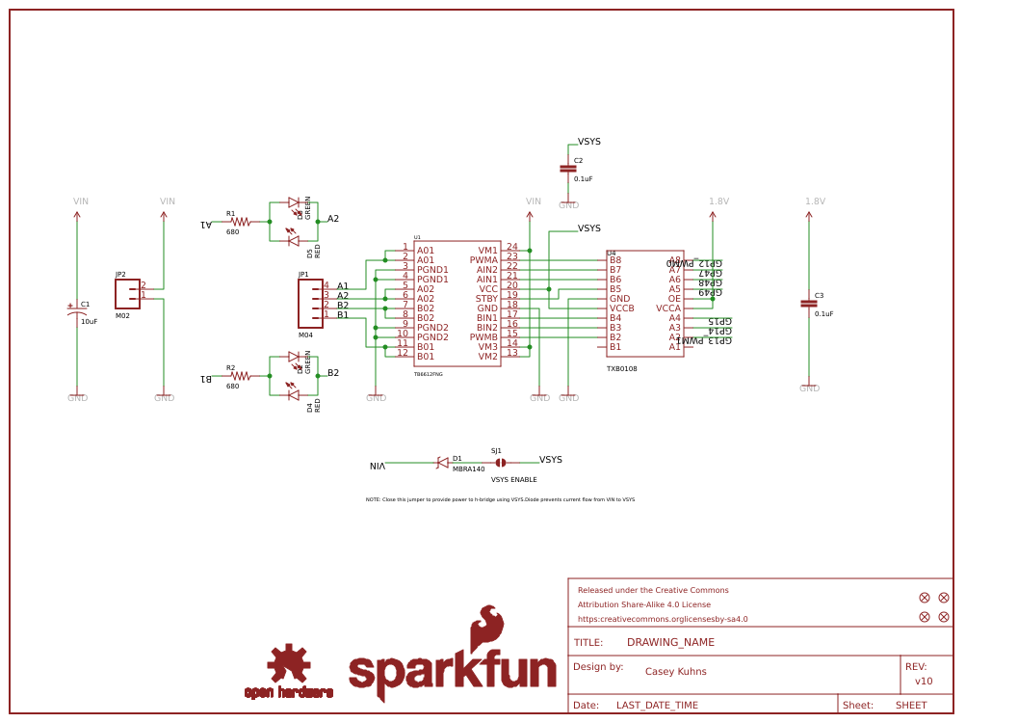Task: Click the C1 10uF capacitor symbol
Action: [77, 311]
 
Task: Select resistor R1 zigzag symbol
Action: [240, 222]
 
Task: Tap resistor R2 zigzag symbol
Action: [240, 376]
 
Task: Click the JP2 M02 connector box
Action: [127, 294]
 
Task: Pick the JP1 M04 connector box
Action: [310, 304]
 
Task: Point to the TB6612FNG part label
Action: [429, 374]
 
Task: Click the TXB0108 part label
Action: [621, 368]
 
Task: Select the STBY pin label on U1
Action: [486, 299]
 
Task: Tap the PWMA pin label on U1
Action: [483, 260]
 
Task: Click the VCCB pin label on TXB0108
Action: [621, 308]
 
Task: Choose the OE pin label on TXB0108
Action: [674, 299]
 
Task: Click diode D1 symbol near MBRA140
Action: [442, 463]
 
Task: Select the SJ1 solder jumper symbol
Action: [501, 463]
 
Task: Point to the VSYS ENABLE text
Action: [513, 479]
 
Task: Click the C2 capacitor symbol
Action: [568, 169]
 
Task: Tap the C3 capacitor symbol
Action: [809, 304]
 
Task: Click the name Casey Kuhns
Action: [675, 672]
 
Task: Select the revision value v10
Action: [924, 681]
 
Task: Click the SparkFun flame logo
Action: [486, 631]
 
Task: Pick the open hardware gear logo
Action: [288, 665]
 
